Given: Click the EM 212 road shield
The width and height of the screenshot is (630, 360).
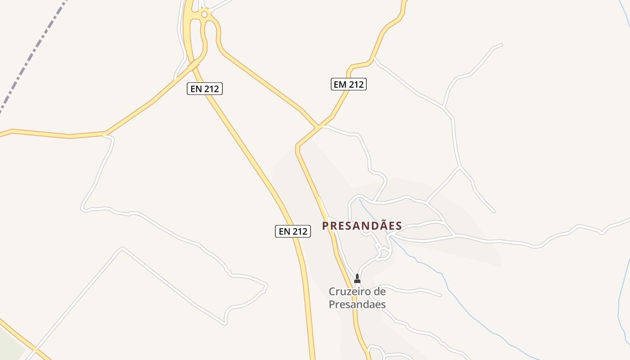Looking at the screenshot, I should point(348,84).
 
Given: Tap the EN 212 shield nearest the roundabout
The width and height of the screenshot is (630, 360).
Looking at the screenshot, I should point(205,89).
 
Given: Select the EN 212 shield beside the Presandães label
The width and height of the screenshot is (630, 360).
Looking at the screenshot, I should point(293,231).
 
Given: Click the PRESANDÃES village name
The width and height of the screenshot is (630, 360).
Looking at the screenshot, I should point(362,226).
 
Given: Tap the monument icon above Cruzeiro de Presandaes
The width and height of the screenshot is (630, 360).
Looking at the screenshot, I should point(357,279).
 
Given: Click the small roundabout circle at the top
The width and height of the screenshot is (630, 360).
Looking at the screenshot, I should point(204,14).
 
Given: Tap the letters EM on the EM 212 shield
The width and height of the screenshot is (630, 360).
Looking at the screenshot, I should point(340,84).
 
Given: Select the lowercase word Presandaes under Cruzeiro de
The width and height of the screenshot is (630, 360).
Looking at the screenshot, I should point(357,304).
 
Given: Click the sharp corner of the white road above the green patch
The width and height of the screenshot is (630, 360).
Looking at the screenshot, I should point(122,247).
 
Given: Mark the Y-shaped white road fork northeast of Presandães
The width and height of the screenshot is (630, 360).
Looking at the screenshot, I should point(459,168).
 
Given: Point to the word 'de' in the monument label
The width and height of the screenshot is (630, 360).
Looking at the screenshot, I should point(379,292).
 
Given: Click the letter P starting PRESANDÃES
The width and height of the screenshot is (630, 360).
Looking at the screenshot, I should point(325,226).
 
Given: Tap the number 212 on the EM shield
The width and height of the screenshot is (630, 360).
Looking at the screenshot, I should point(355,84).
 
